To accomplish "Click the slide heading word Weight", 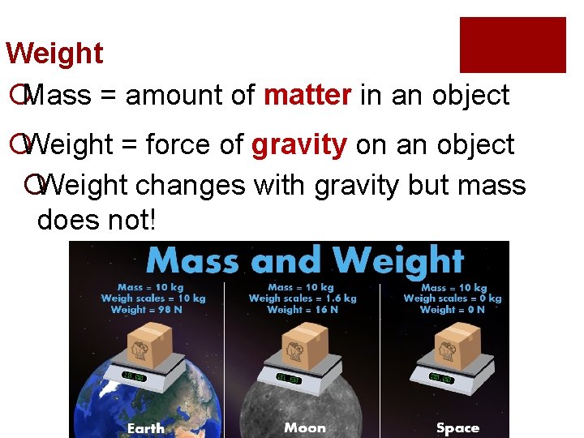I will point(54,54).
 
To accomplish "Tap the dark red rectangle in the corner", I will point(513,45).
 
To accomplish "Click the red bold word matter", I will point(307,96).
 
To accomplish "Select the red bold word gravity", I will point(299,145).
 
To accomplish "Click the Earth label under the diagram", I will point(145,427).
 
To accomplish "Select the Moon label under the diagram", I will point(305,427).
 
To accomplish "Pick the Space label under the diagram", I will point(457,427).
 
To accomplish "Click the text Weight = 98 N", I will point(146,309).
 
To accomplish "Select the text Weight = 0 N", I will point(453,309).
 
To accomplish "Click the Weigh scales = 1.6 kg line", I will point(302,298).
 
